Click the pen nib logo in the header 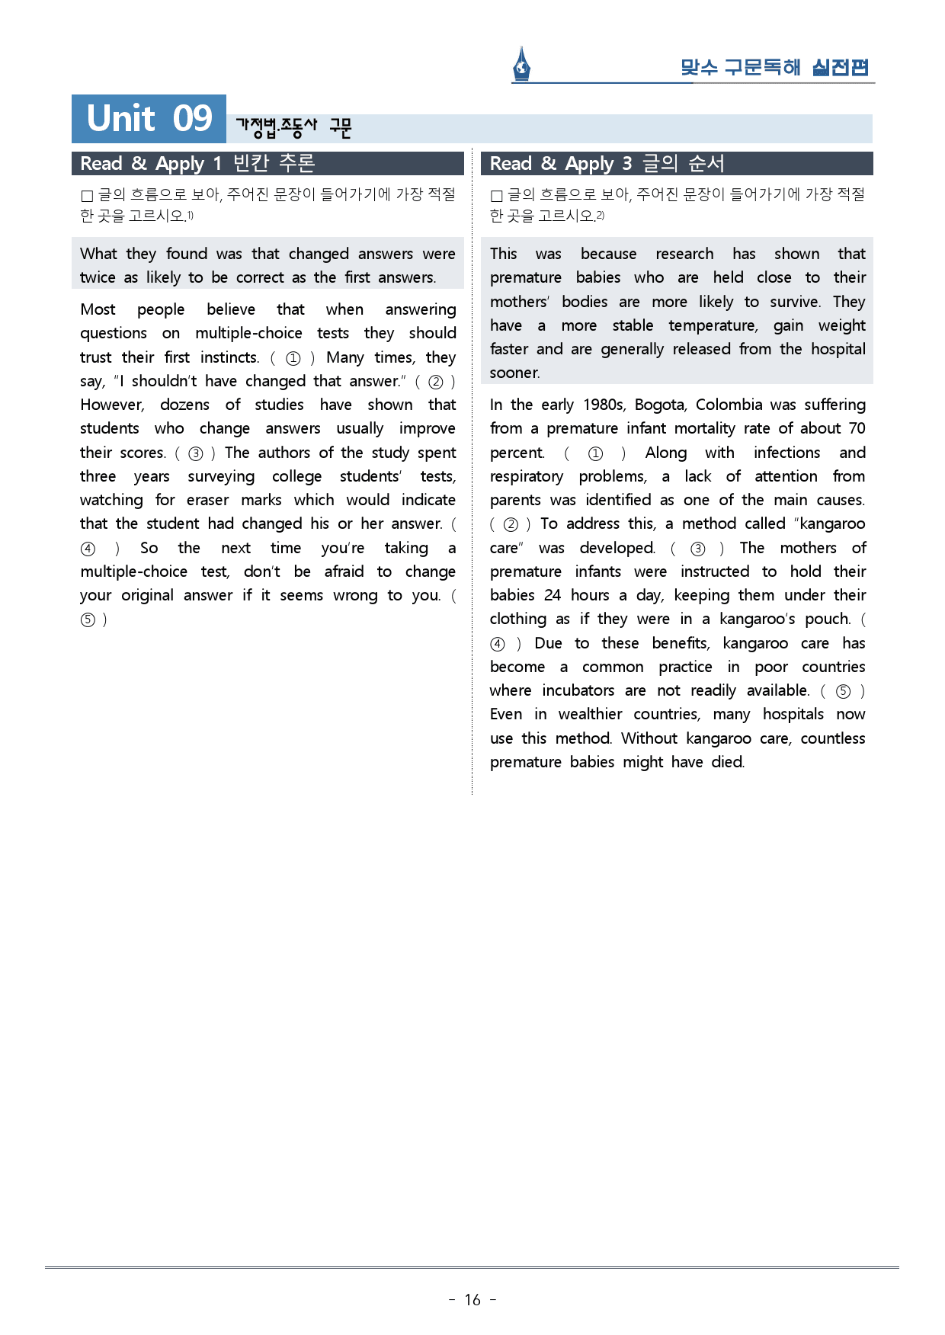[522, 64]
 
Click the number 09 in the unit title [192, 119]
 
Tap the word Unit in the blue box [121, 119]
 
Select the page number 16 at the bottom [472, 1300]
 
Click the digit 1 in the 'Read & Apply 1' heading [217, 164]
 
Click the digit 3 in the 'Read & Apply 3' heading [626, 164]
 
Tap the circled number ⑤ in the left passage [88, 619]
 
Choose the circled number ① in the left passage [293, 358]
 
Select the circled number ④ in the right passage [498, 644]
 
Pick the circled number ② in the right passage [511, 524]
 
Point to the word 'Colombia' [729, 405]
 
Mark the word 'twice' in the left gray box [98, 277]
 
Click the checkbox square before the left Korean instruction [87, 196]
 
